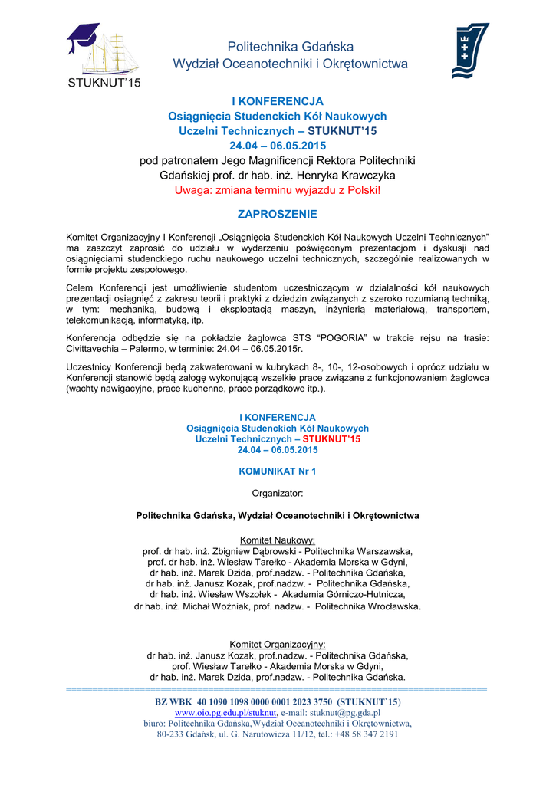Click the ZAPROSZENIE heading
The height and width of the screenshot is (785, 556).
tap(277, 215)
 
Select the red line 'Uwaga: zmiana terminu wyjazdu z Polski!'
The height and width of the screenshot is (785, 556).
tap(277, 189)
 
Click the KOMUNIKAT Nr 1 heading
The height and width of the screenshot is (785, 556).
tap(277, 471)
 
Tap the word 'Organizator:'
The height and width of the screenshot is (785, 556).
tap(277, 493)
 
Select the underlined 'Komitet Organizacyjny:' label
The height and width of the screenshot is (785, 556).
tap(277, 644)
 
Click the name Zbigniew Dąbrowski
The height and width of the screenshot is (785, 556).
tap(253, 551)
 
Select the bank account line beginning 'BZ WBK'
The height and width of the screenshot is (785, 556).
tap(277, 701)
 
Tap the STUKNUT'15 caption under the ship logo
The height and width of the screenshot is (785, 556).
tap(102, 84)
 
